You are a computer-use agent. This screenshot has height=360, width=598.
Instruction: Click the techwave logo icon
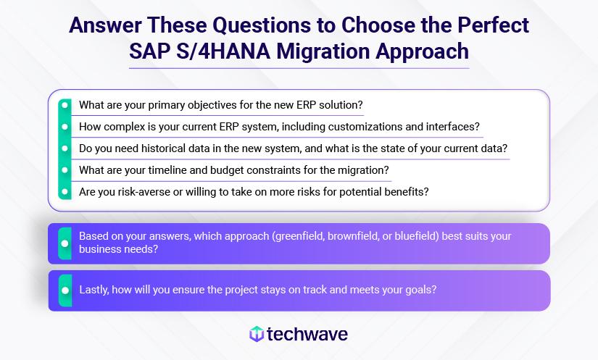pyautogui.click(x=256, y=334)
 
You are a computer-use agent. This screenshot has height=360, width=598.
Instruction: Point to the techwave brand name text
pyautogui.click(x=307, y=334)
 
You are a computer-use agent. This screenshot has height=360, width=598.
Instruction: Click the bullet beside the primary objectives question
pyautogui.click(x=65, y=104)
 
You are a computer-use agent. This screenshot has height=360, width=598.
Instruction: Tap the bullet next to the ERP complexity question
pyautogui.click(x=65, y=126)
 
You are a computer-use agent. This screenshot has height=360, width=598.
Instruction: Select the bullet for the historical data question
pyautogui.click(x=65, y=148)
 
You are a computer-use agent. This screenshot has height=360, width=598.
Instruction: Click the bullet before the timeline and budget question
pyautogui.click(x=65, y=170)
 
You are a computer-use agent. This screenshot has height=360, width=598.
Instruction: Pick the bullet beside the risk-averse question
pyautogui.click(x=65, y=192)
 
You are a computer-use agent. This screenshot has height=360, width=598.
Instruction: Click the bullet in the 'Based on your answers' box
pyautogui.click(x=65, y=243)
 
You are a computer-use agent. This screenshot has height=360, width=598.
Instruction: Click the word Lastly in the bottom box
pyautogui.click(x=96, y=290)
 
